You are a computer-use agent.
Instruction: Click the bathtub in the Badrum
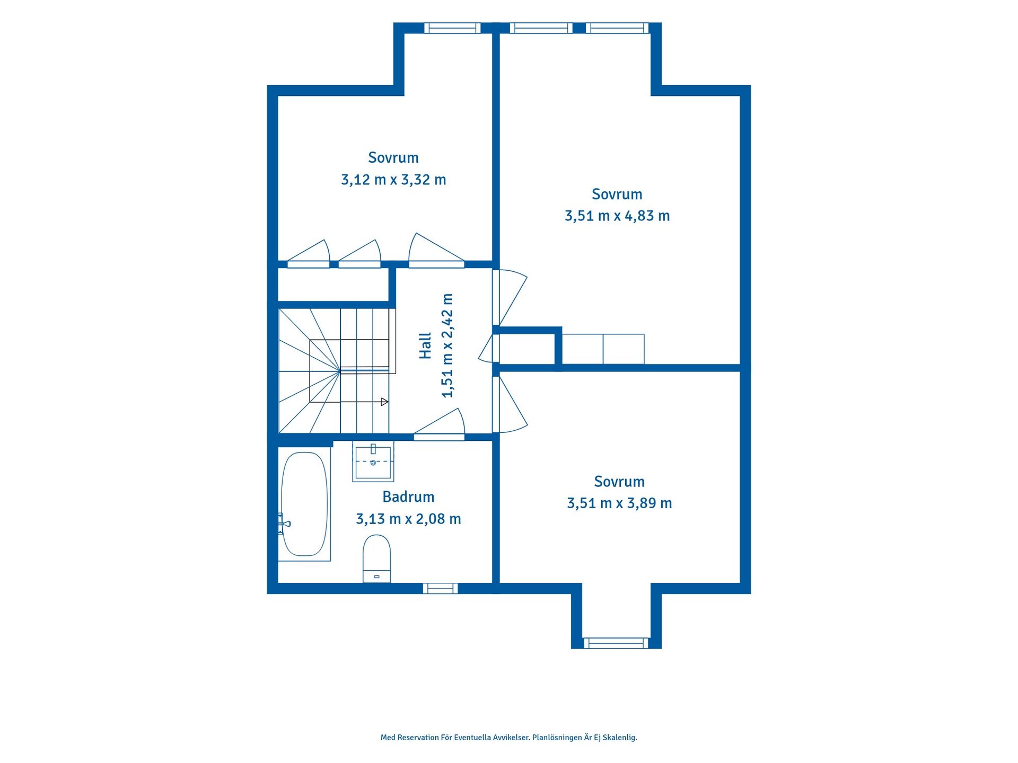point(304,504)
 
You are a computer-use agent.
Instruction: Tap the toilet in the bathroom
point(376,558)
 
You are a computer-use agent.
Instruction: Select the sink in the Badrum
point(373,462)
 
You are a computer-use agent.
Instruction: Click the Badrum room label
point(408,497)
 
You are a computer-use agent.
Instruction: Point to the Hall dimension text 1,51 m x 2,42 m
point(447,345)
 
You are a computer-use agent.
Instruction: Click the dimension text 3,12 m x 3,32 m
point(393,180)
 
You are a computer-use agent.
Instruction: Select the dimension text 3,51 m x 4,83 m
point(617,216)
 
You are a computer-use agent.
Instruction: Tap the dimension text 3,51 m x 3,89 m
point(619,503)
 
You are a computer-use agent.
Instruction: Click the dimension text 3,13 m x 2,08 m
point(408,519)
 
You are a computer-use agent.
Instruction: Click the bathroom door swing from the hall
point(439,424)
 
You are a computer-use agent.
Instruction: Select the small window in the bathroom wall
point(440,588)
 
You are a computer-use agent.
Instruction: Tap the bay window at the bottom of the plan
point(616,643)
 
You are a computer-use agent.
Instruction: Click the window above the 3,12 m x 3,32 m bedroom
point(452,28)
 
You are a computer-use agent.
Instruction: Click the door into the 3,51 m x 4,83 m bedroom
point(510,297)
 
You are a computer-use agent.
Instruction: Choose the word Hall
point(425,346)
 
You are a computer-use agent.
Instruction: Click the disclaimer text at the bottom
point(509,738)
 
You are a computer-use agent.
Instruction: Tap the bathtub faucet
point(284,524)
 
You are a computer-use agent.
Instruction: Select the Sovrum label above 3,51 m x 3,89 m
point(619,482)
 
